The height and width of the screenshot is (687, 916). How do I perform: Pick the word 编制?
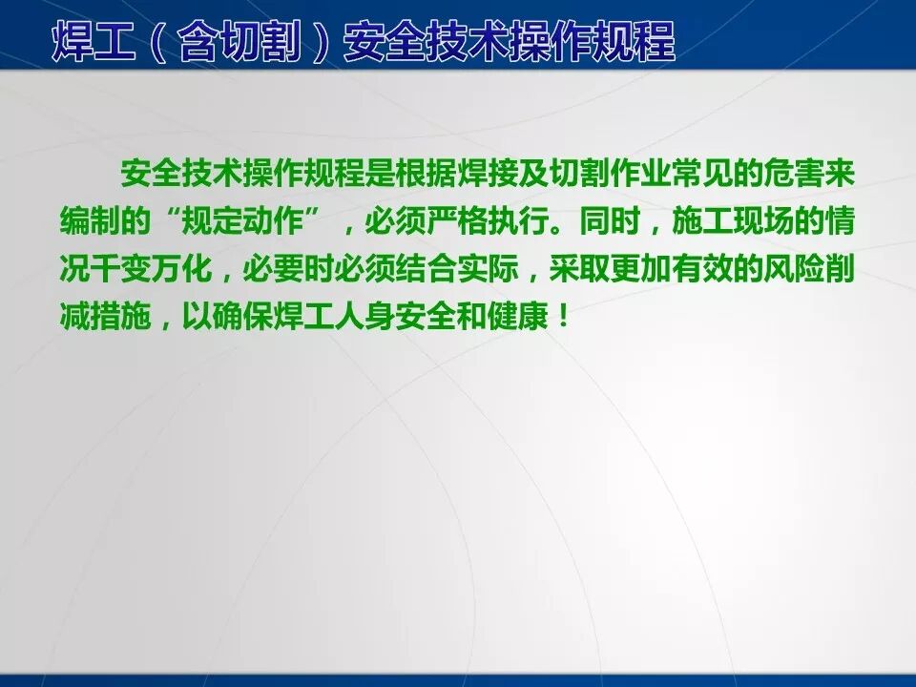tap(89, 223)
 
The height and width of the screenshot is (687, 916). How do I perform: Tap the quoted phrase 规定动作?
tap(243, 223)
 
